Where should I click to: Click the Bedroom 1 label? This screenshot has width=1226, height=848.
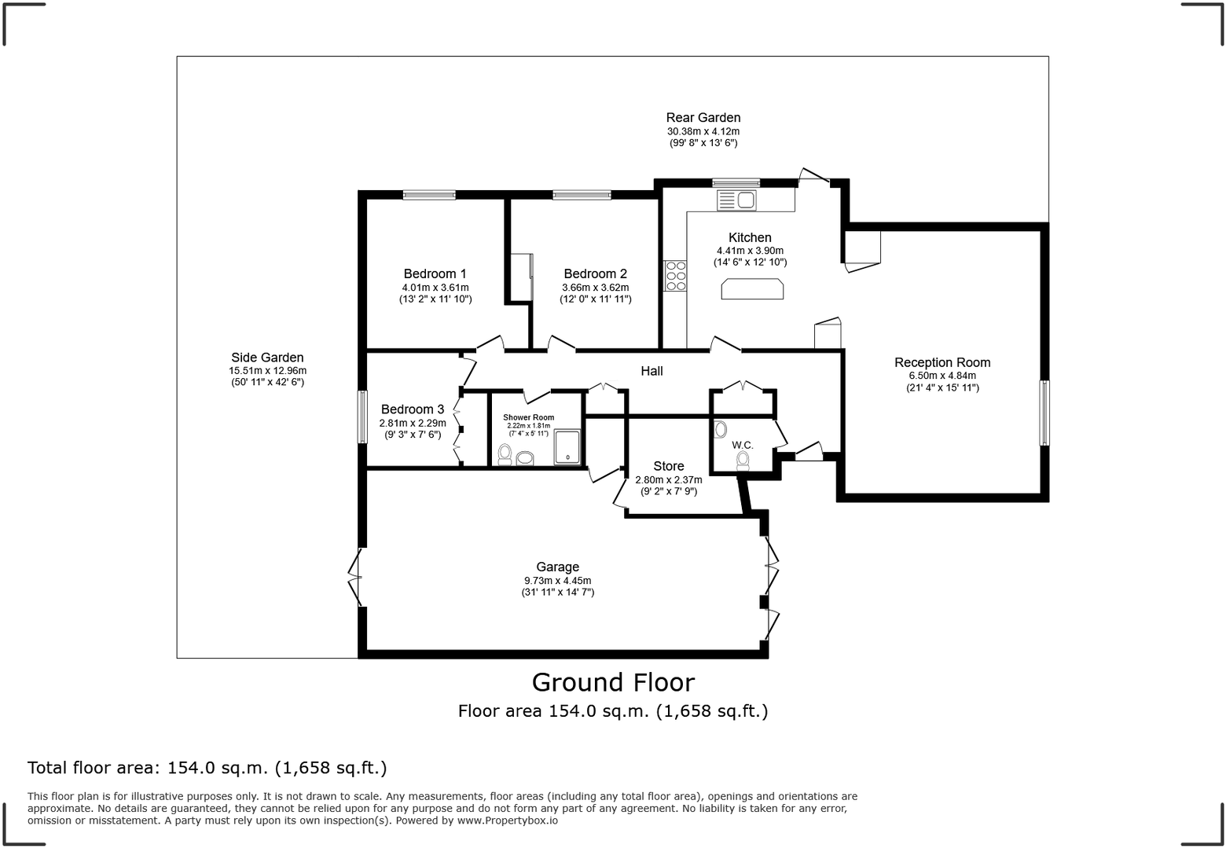coord(435,273)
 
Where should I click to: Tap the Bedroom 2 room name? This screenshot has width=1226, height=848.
coord(596,273)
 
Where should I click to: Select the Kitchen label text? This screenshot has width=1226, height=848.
coord(750,237)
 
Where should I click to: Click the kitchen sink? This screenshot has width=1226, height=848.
coord(736,200)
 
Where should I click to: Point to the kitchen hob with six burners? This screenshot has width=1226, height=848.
coord(675,276)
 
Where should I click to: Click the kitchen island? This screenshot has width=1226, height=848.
coord(752,289)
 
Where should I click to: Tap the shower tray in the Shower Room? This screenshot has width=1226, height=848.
coord(567,447)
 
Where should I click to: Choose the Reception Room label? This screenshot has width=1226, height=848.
coord(942,362)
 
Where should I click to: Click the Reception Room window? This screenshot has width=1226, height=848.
coord(1044,413)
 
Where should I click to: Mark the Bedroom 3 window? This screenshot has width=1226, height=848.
coord(362,417)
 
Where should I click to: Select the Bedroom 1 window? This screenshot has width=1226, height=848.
coord(429,195)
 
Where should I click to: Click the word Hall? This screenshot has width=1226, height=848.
coord(652,371)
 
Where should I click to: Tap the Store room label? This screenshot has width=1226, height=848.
coord(669,466)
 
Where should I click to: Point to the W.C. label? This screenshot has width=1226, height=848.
coord(743,445)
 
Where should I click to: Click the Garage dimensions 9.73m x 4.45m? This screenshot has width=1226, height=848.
coord(558,580)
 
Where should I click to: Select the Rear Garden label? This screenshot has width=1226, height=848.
coord(703,118)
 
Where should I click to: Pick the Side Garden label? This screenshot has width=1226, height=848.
coord(267,358)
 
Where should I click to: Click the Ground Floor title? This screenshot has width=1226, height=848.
coord(613,683)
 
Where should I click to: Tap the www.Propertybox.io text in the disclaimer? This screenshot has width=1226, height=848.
coord(508,820)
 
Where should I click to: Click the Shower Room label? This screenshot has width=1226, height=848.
coord(529,417)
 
